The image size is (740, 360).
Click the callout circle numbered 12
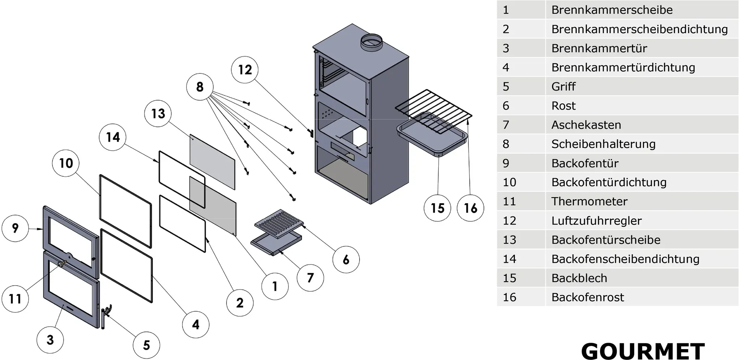coord(245,70)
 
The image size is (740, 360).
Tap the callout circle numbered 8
coord(200,87)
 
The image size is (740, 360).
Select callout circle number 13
coord(158,114)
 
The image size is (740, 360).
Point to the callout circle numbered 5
coord(146,345)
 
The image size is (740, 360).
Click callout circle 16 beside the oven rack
coord(470,208)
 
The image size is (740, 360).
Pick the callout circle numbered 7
coord(310,278)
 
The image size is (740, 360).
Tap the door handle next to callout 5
coord(105,316)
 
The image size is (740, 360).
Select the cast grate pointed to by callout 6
coord(279,224)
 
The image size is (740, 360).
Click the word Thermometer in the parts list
coord(589,201)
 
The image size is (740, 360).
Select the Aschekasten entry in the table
coord(586,125)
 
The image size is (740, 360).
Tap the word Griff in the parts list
coord(563,86)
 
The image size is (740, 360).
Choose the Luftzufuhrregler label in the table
coord(597,220)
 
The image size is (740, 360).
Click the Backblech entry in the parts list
coord(579,278)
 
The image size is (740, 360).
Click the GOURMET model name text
coord(643,351)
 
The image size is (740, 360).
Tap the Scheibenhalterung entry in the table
coord(603,144)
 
